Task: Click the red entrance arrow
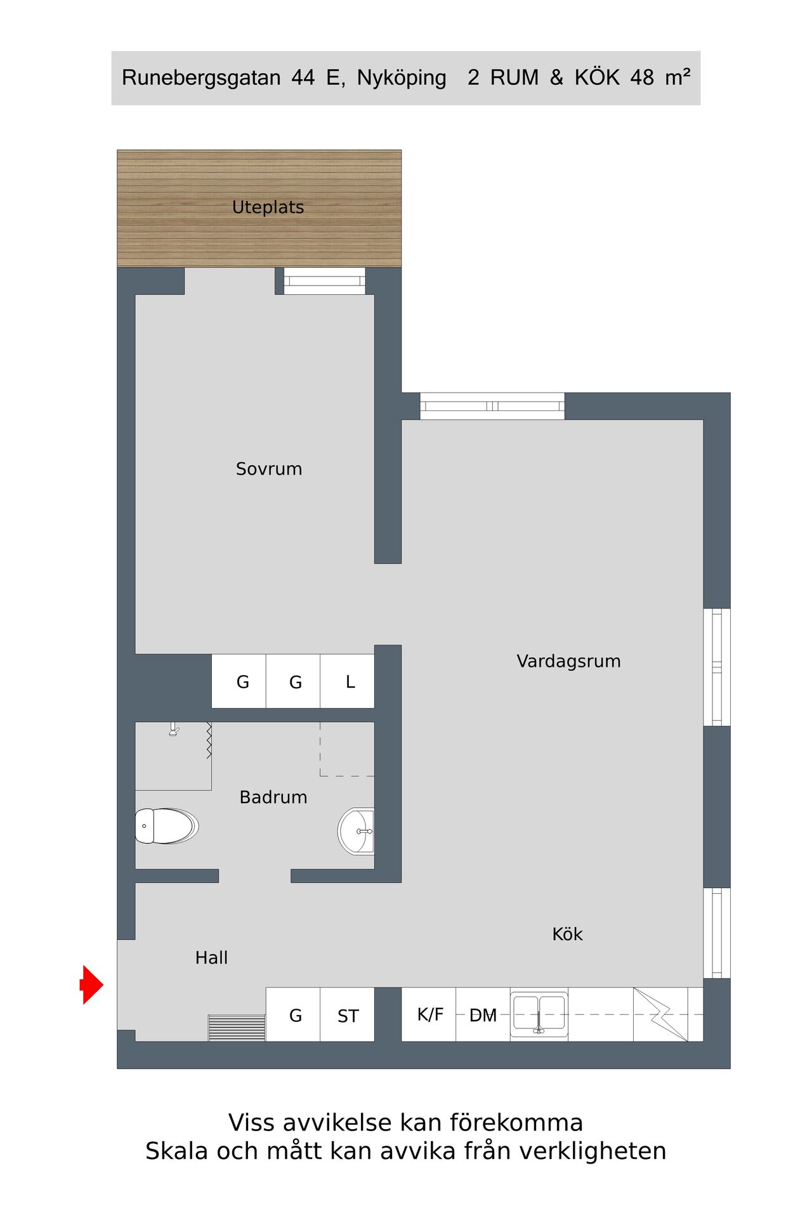(x=92, y=985)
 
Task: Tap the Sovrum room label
(x=269, y=469)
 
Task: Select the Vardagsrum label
(x=568, y=662)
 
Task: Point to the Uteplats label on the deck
(x=268, y=207)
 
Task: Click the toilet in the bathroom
(x=166, y=826)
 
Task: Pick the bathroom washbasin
(x=356, y=831)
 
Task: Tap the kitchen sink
(x=539, y=1014)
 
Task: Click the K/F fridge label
(x=430, y=1014)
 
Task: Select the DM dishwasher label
(x=483, y=1016)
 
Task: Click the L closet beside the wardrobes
(x=348, y=681)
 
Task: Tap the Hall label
(x=211, y=958)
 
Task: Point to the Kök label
(x=567, y=934)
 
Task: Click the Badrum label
(x=273, y=797)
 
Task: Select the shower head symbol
(x=174, y=730)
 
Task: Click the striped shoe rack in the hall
(x=237, y=1028)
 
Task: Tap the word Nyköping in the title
(x=402, y=78)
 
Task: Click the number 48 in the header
(x=642, y=77)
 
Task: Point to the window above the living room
(x=492, y=406)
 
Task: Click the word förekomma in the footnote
(x=516, y=1123)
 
